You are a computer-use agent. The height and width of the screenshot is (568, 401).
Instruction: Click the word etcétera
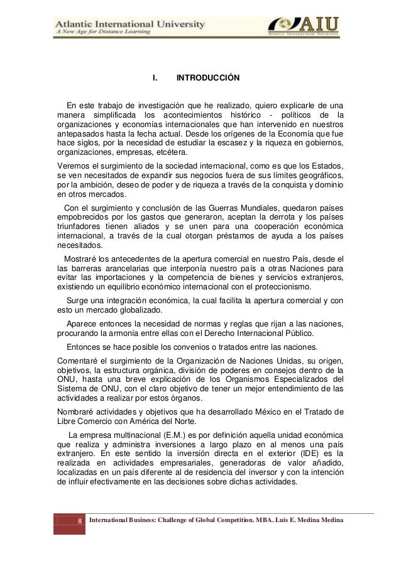[161, 153]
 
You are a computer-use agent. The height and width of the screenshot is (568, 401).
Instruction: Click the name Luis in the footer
[275, 521]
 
